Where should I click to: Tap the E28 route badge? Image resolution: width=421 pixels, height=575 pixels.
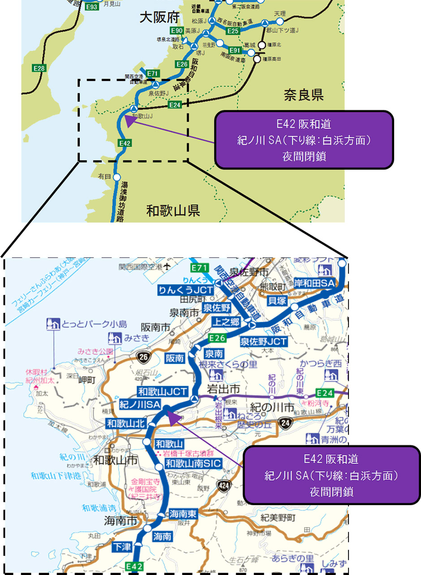point(40,68)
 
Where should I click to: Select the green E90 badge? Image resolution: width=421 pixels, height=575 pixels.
point(177,30)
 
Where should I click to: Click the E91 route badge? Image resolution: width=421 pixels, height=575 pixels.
point(235,50)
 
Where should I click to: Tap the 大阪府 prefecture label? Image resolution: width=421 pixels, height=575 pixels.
point(159,18)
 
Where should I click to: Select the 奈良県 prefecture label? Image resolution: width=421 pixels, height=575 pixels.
point(303,94)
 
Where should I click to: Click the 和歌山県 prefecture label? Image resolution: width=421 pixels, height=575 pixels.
point(173,210)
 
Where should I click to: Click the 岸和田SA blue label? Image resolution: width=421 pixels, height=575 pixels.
point(314,283)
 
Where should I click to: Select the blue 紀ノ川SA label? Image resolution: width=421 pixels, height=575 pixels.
point(140,405)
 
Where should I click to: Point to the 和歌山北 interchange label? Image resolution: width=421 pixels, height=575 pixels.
point(125,422)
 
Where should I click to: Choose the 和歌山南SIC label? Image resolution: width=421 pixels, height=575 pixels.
point(193,464)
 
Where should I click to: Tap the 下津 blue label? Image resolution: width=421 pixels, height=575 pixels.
point(121,547)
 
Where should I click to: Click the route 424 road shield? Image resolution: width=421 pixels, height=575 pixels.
point(222,485)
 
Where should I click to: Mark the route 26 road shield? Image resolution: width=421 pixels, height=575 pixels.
point(142,357)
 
